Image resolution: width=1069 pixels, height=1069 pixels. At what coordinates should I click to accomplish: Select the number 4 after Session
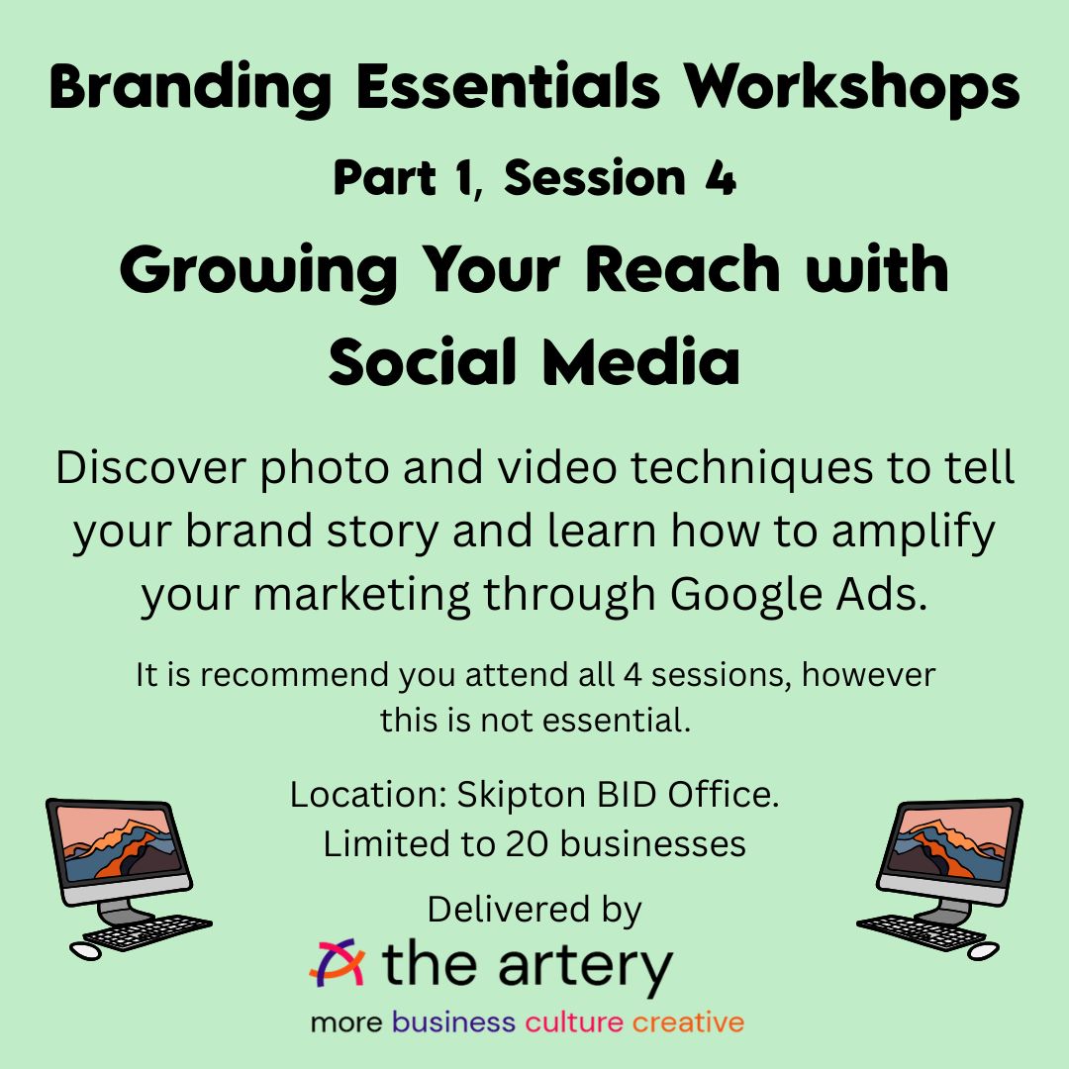click(x=720, y=178)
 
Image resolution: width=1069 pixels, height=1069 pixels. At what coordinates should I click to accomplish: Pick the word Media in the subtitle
click(x=640, y=361)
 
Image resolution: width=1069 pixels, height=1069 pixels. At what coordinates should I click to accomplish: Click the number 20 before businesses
click(x=527, y=844)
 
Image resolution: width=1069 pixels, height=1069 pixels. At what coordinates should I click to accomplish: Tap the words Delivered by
click(x=534, y=911)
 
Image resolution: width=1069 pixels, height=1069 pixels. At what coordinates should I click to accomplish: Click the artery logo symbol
click(x=337, y=962)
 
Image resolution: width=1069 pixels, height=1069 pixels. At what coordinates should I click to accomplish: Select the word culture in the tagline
click(x=573, y=1022)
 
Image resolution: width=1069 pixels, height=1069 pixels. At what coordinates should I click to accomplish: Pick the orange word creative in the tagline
click(x=688, y=1022)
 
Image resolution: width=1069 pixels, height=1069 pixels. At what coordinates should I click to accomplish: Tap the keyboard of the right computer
click(x=922, y=931)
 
